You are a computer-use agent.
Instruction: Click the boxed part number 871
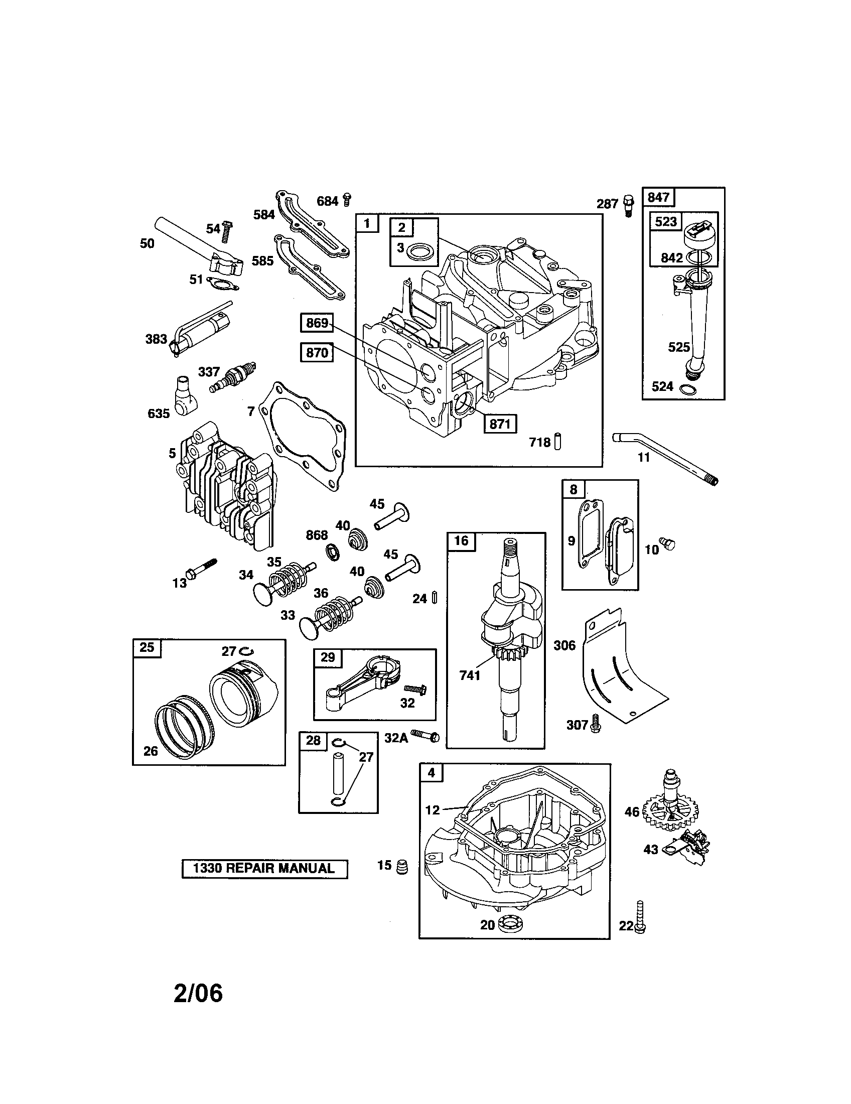tap(500, 424)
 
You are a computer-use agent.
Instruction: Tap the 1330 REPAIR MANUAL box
tap(264, 869)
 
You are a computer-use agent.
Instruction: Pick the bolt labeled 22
tap(640, 916)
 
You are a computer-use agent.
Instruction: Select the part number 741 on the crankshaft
tap(470, 675)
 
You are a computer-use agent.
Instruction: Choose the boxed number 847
tap(658, 197)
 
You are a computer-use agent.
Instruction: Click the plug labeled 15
tap(402, 867)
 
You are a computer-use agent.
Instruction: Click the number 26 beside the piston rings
tap(151, 751)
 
